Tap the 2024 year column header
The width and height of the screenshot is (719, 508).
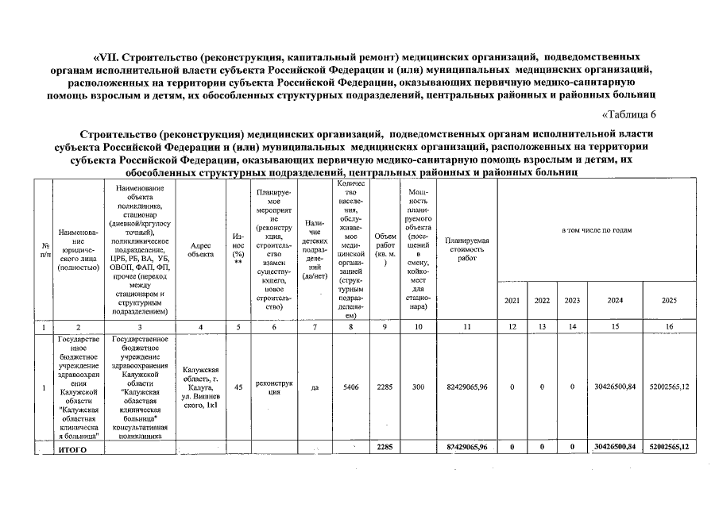coord(615,301)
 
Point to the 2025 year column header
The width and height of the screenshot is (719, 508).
coord(670,301)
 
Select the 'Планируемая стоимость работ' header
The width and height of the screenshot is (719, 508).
coord(467,248)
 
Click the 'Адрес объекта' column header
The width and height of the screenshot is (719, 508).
coord(200,248)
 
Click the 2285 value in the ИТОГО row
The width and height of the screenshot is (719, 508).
coord(385,448)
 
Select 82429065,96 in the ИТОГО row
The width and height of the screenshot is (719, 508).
coord(467,448)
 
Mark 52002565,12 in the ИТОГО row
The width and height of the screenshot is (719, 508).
coord(670,448)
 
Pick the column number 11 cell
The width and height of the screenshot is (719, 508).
coord(467,326)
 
